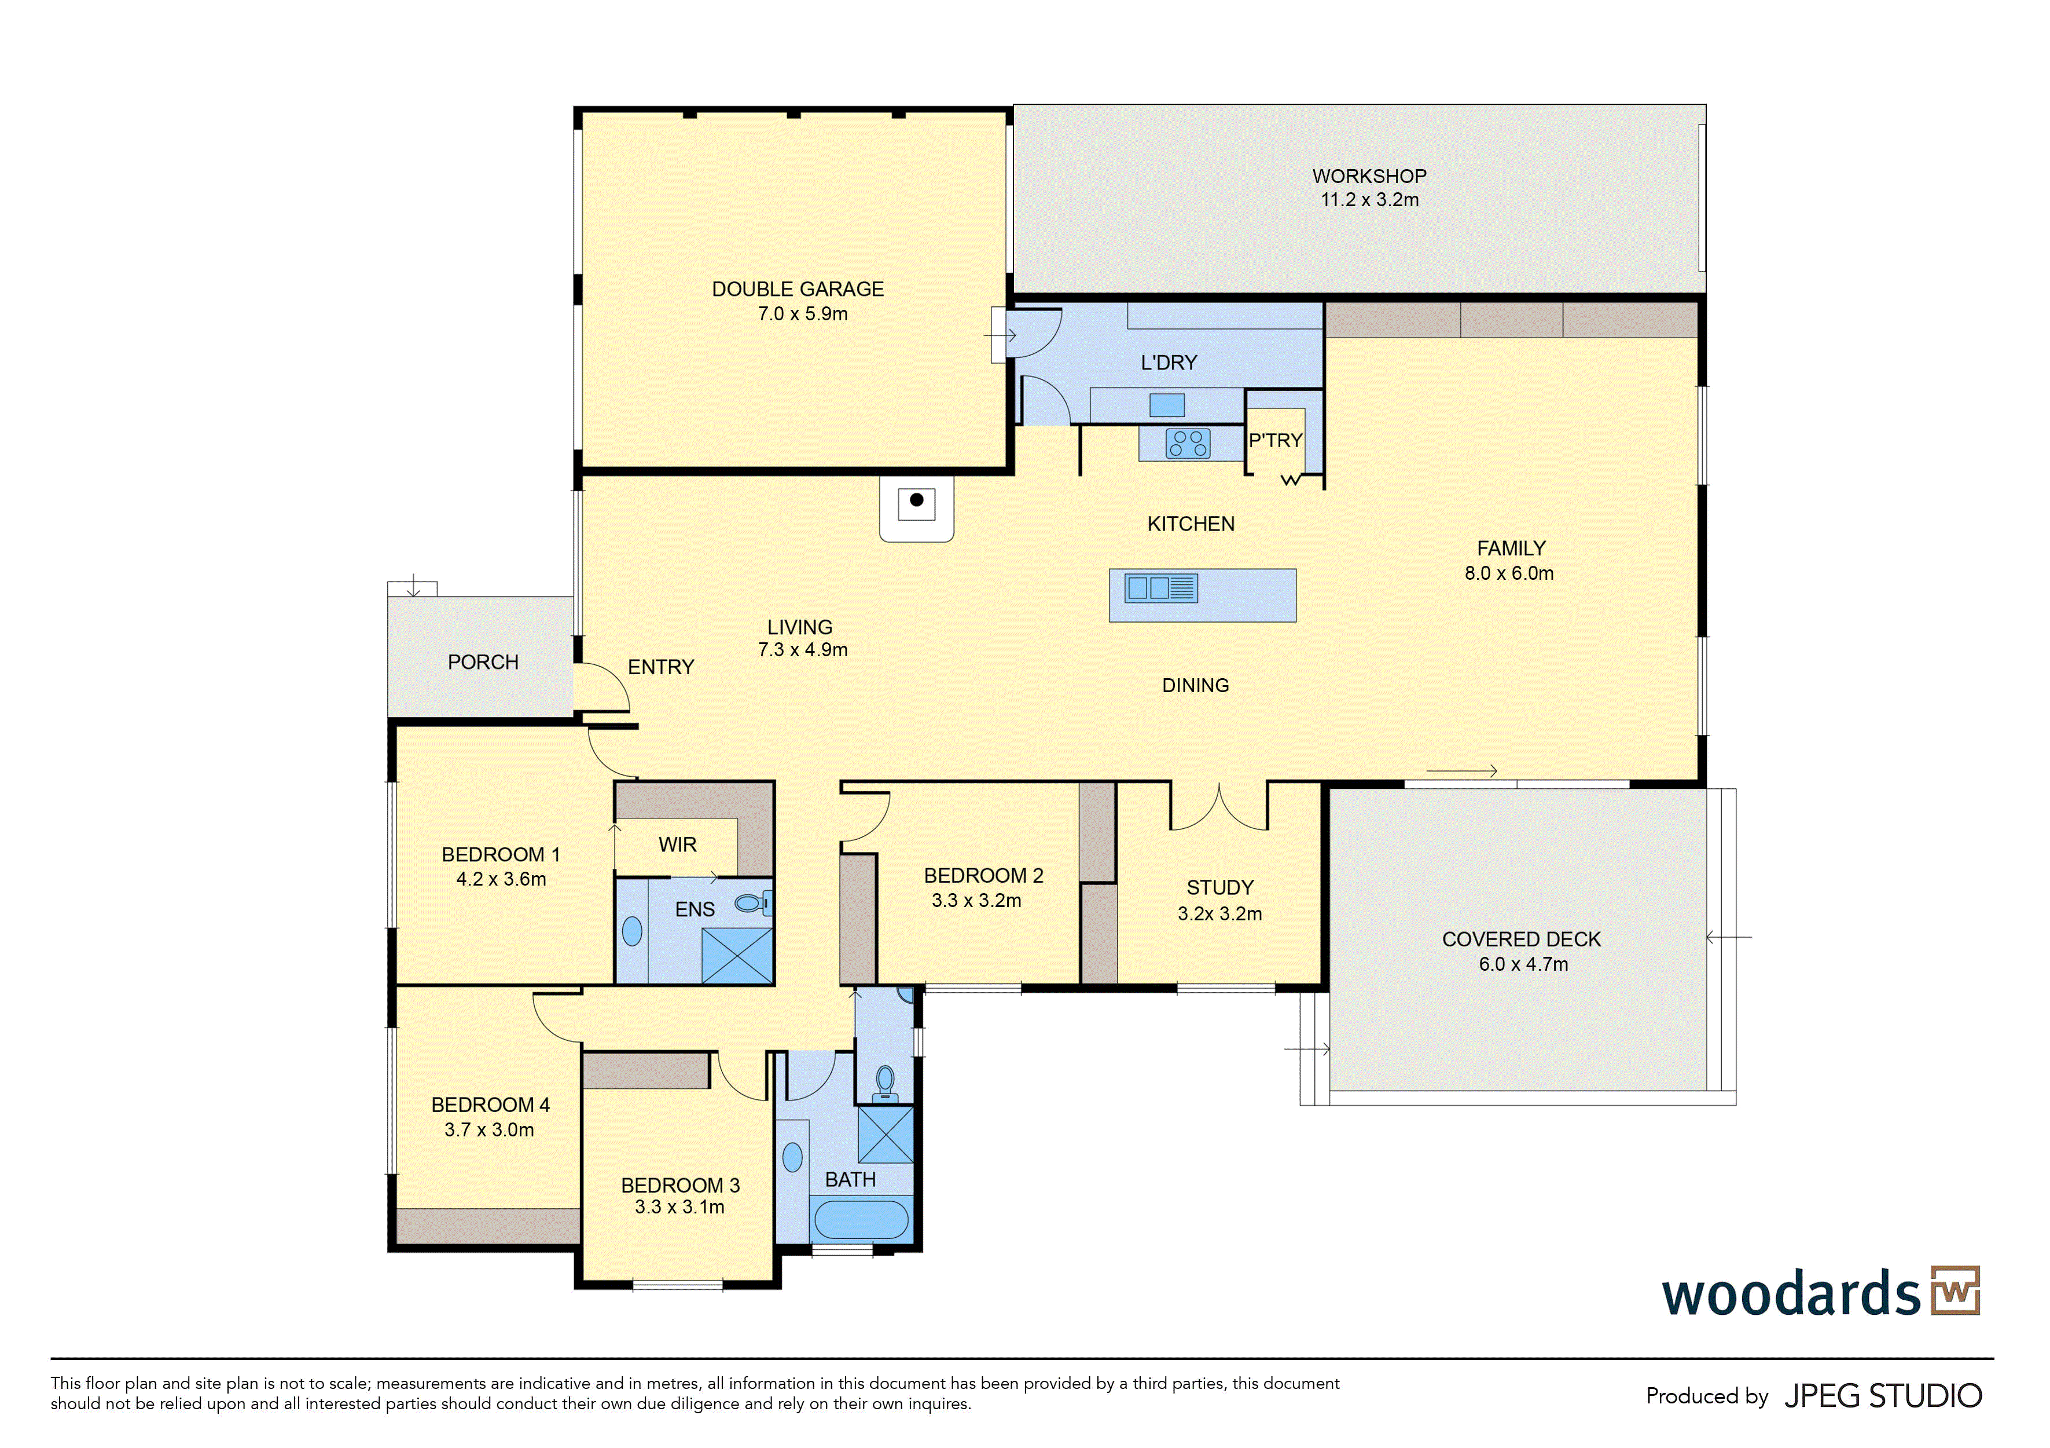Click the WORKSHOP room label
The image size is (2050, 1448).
1369,176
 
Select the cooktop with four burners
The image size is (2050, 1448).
1188,443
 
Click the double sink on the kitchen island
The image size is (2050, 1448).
1160,588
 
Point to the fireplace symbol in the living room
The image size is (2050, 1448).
916,506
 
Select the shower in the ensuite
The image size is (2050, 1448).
737,956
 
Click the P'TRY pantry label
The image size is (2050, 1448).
1275,440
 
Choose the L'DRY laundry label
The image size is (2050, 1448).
1169,363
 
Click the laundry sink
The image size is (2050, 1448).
1167,405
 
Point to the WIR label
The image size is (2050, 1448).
678,844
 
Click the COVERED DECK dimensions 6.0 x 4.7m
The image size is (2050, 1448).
1523,964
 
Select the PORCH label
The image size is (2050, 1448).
483,662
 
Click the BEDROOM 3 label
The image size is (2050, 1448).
681,1186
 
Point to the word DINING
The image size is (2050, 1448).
1196,685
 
